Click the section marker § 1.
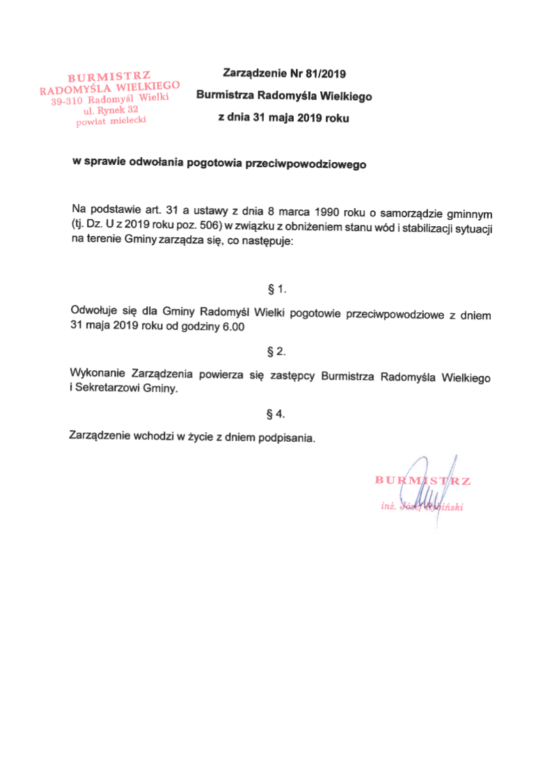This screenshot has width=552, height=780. point(277,288)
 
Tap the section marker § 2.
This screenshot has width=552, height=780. point(277,351)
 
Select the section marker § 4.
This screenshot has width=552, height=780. point(277,415)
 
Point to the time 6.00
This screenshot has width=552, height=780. point(233,327)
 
